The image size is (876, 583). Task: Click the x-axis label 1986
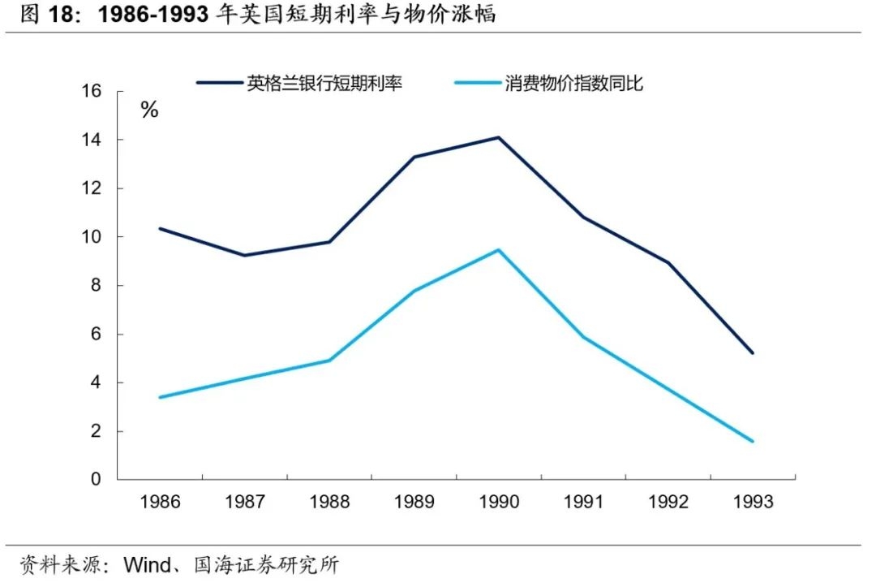click(160, 502)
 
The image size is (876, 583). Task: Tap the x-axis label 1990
click(499, 502)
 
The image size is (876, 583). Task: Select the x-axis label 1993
click(753, 502)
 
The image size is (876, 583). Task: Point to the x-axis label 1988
click(329, 502)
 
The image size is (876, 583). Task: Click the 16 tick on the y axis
click(92, 91)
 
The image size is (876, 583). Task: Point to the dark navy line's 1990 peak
click(499, 137)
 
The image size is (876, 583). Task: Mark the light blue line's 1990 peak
click(499, 249)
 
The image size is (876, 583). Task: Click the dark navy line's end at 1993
click(753, 353)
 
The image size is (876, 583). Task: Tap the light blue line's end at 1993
click(753, 442)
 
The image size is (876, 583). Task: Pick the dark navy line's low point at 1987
click(245, 256)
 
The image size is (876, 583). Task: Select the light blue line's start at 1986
click(160, 397)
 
